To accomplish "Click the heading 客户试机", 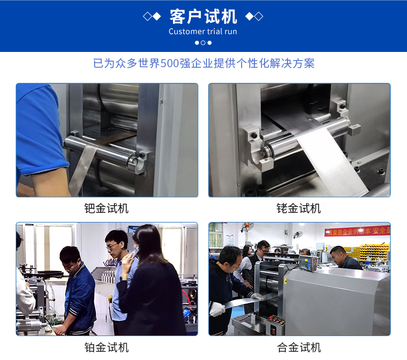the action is [x=203, y=16].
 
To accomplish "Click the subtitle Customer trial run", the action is [x=202, y=32].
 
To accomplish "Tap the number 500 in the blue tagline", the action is [x=170, y=63].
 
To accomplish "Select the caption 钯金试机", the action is [x=106, y=208].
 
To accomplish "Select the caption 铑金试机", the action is [x=299, y=208].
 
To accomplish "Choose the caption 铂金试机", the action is [x=106, y=347].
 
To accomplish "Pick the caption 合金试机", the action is [x=299, y=347].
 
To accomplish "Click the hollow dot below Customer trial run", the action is [x=203, y=43].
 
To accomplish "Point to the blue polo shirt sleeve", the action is [x=39, y=130].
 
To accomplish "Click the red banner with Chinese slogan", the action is [x=358, y=231].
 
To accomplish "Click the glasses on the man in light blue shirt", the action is [x=112, y=246].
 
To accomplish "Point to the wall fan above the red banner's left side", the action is [x=247, y=227].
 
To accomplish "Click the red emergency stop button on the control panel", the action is [x=272, y=318].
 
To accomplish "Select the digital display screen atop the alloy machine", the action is [x=308, y=263].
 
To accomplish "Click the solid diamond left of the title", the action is [x=157, y=16].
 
